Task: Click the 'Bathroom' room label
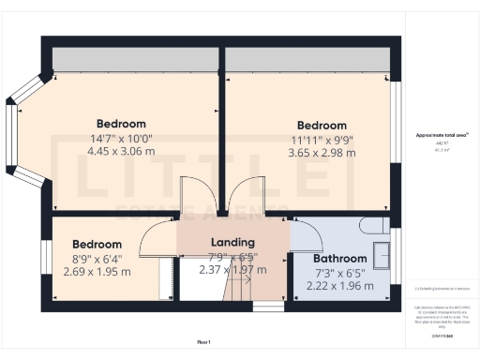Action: (339, 259)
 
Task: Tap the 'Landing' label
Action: (232, 242)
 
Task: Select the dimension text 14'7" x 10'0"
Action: (121, 138)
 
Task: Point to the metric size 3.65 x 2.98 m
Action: (322, 153)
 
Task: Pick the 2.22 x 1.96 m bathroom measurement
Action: (340, 286)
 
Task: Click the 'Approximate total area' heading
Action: (442, 135)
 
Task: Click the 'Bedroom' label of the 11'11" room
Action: (322, 126)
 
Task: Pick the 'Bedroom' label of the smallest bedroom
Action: (97, 244)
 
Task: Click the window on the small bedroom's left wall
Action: (45, 260)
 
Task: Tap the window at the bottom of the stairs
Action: (269, 305)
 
